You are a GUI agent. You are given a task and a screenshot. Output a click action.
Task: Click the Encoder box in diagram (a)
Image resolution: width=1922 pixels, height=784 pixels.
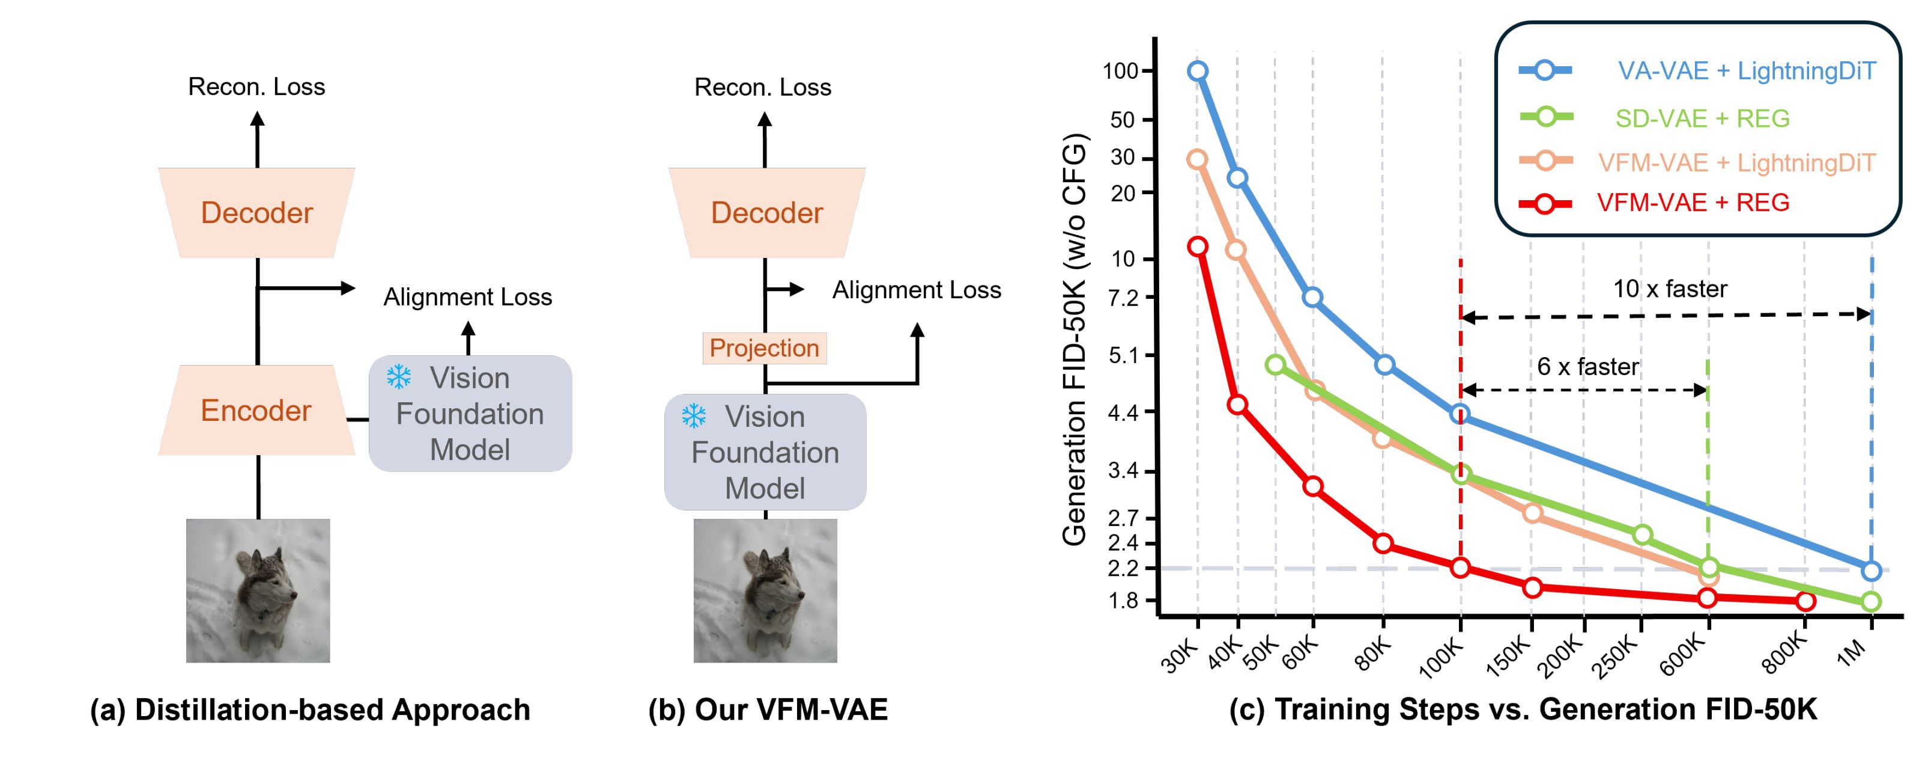(256, 411)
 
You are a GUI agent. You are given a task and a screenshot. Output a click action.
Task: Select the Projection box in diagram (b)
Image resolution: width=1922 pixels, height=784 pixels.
(764, 348)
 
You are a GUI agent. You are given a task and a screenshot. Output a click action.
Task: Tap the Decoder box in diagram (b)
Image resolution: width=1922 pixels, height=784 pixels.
(766, 213)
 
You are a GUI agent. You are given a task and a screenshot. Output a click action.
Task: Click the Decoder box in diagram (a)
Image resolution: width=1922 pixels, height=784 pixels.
(256, 213)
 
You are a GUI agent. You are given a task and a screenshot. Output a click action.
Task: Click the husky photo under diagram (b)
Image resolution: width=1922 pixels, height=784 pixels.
(765, 590)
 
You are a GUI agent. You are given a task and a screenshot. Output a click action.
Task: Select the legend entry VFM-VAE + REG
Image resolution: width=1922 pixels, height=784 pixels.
(1692, 203)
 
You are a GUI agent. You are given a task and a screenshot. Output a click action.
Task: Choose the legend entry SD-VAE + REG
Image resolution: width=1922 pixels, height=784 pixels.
(1701, 118)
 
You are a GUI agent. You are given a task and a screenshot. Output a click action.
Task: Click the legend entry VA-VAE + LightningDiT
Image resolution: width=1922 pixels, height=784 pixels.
(1746, 71)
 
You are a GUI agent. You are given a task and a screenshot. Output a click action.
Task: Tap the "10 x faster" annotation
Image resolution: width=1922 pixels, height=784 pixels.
(1670, 289)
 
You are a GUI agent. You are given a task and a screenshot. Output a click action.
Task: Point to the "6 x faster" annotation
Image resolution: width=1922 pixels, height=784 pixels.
(1587, 367)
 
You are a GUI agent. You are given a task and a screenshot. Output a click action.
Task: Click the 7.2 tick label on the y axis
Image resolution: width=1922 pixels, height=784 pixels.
(1123, 298)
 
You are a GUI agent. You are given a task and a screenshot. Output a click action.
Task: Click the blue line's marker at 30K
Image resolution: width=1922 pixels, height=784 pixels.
(1198, 71)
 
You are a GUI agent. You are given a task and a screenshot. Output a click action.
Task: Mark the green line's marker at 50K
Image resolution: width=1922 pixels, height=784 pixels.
(1276, 364)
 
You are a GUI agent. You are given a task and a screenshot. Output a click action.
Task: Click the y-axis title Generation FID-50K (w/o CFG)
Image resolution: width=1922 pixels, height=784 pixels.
(1075, 340)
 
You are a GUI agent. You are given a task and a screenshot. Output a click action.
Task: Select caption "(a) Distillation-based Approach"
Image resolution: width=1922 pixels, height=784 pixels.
(310, 709)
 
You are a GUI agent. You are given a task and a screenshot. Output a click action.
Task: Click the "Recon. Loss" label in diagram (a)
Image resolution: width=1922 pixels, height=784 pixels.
(256, 87)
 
